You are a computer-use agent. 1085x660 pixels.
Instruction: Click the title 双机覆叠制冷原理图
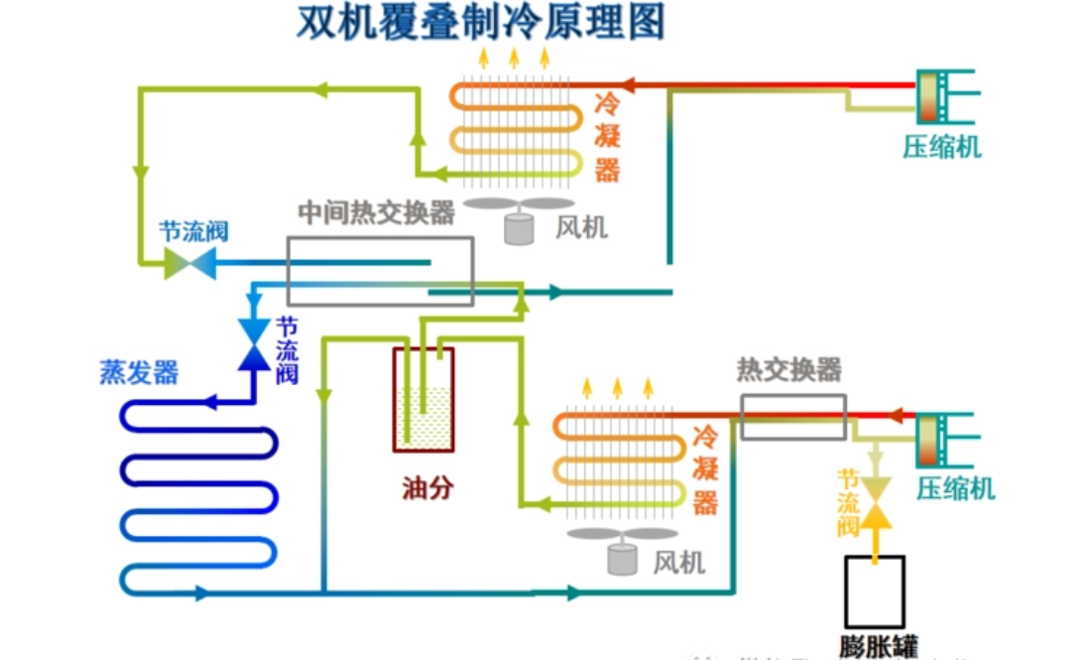click(480, 22)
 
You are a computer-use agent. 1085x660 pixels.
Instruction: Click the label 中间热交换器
click(377, 212)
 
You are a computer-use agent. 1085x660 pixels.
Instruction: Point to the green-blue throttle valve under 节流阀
click(183, 263)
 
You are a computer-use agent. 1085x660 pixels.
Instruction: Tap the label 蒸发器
click(139, 372)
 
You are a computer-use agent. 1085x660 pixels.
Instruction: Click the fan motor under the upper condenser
click(518, 228)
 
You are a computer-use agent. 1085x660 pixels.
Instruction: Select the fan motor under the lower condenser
click(622, 558)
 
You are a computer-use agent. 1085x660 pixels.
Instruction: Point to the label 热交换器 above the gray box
click(788, 370)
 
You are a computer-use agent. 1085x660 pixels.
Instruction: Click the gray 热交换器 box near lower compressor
click(792, 417)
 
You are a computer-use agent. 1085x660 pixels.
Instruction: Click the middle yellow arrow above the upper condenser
click(514, 57)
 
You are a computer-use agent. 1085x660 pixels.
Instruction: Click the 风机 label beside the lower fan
click(678, 563)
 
